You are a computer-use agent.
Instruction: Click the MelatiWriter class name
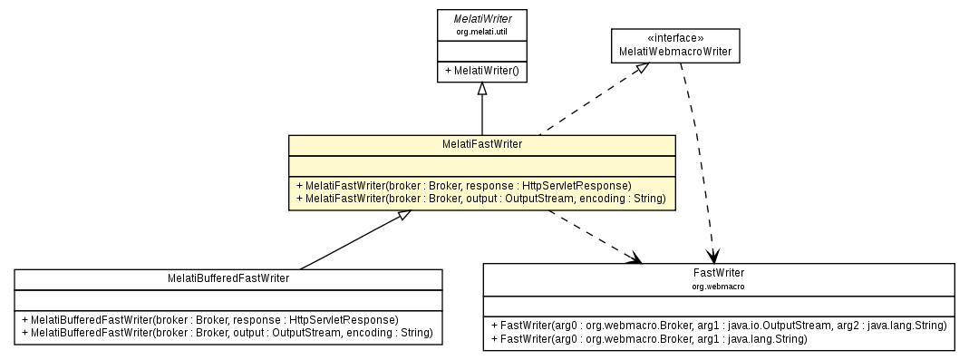[481, 19]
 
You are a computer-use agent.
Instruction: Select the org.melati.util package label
[481, 32]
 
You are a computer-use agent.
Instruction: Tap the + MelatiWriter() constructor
[481, 70]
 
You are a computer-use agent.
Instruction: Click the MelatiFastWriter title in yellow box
[481, 144]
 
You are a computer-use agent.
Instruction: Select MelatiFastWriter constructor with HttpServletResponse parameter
[468, 184]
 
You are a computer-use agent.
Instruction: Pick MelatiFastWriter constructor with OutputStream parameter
[480, 198]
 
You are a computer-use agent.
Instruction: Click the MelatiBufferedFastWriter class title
[228, 278]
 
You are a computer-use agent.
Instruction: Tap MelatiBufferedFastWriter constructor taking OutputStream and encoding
[228, 333]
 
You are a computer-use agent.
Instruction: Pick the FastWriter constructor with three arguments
[718, 325]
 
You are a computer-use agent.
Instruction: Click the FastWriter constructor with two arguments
[648, 338]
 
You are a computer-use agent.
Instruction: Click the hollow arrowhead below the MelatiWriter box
[482, 89]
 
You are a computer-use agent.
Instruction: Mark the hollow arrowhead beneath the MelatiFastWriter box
[406, 216]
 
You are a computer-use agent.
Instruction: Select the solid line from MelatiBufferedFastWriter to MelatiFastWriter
[354, 242]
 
